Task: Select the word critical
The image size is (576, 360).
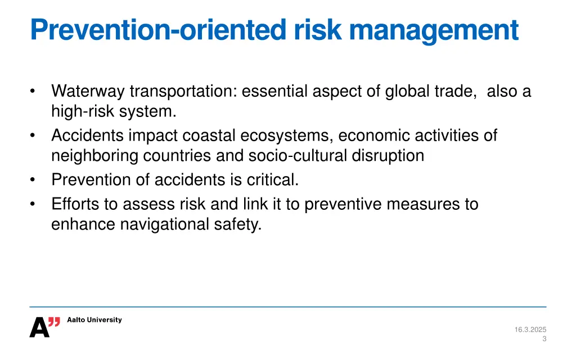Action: point(272,179)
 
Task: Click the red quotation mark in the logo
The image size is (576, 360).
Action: point(54,322)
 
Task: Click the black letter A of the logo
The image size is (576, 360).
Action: point(39,327)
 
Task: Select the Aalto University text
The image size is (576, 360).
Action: point(94,320)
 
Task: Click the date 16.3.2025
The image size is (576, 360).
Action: point(530,330)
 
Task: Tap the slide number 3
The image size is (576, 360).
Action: point(544,339)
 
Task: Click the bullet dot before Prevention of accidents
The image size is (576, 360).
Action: point(34,180)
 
